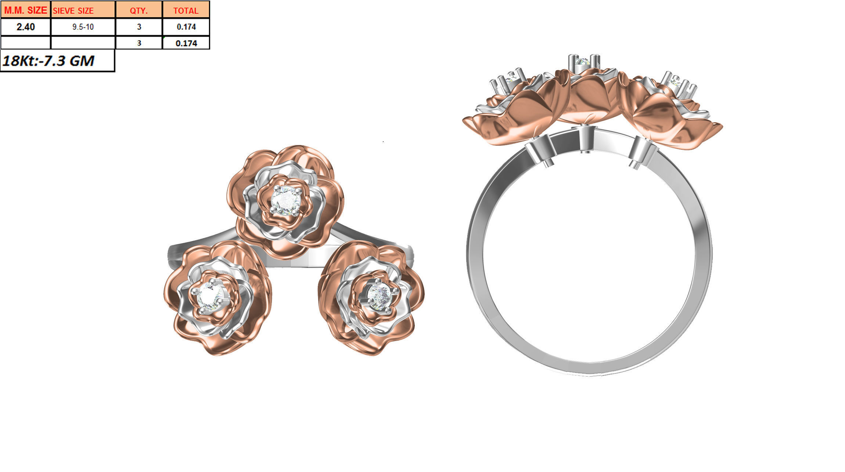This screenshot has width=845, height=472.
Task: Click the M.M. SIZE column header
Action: pyautogui.click(x=25, y=10)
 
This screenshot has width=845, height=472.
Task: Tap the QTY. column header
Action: pyautogui.click(x=139, y=10)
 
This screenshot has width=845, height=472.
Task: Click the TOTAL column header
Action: pyautogui.click(x=186, y=10)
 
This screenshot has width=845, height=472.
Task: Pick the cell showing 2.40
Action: pyautogui.click(x=25, y=27)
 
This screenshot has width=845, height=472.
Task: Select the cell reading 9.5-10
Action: pyautogui.click(x=83, y=27)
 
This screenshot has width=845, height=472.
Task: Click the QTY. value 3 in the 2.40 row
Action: pyautogui.click(x=139, y=27)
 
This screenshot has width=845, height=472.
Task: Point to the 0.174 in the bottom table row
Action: pyautogui.click(x=186, y=43)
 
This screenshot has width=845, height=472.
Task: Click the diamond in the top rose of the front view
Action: pyautogui.click(x=285, y=200)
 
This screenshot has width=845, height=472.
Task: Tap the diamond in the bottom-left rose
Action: pyautogui.click(x=208, y=296)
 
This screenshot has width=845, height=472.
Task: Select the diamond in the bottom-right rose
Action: pyautogui.click(x=379, y=294)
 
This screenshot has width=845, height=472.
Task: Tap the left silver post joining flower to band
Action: pyautogui.click(x=540, y=151)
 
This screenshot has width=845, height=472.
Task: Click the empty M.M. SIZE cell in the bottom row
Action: pyautogui.click(x=25, y=43)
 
